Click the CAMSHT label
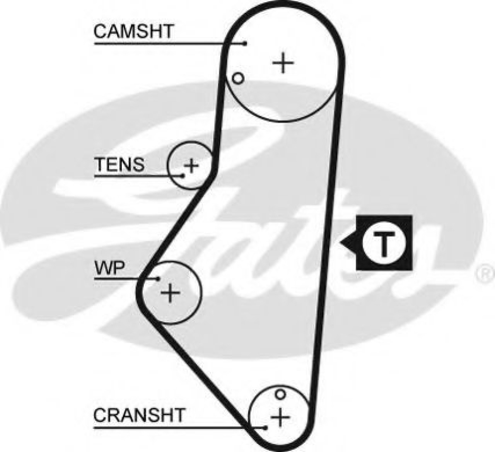[x=133, y=31]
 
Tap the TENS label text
[x=119, y=165]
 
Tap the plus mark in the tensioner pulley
[x=191, y=166]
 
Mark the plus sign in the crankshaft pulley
[x=280, y=417]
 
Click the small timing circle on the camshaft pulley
[x=238, y=78]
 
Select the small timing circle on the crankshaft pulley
[x=280, y=394]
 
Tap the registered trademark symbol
[x=486, y=273]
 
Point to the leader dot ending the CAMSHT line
[x=245, y=43]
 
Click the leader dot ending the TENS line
[x=183, y=176]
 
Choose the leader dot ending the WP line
[x=158, y=278]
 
